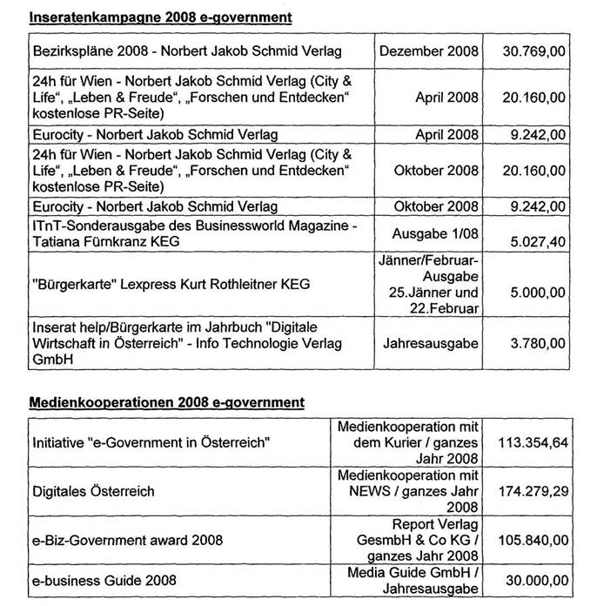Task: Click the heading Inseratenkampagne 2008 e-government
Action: point(161,17)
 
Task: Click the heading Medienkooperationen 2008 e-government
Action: point(168,402)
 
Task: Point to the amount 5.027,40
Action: point(534,244)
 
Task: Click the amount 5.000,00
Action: point(535,285)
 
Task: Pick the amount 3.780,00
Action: point(535,344)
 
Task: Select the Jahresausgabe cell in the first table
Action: point(431,344)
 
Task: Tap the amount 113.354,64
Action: point(531,443)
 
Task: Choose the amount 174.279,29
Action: point(531,491)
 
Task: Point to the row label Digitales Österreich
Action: point(94,491)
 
